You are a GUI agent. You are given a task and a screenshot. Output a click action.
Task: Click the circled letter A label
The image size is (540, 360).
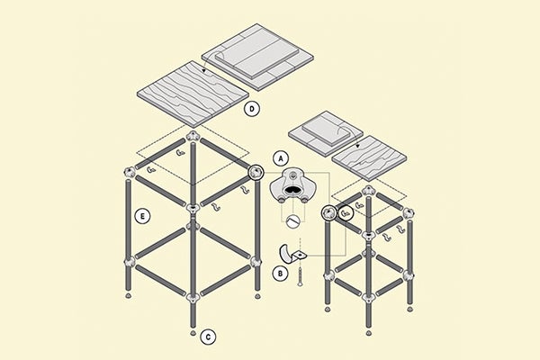coord(281,158)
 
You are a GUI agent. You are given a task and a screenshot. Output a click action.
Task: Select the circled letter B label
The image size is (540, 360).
coord(280,274)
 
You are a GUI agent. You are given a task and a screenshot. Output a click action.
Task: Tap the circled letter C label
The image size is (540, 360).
coord(208,337)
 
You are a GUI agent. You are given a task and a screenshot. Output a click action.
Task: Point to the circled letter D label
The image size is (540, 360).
coord(252,109)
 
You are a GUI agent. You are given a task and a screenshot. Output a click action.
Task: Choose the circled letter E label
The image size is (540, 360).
coord(142,216)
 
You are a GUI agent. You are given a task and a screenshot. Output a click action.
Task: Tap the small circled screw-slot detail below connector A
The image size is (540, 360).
coord(293,220)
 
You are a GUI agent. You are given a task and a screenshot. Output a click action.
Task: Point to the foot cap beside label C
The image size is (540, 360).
coord(193,333)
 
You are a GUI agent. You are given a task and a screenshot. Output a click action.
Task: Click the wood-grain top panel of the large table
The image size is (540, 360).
coord(193,94)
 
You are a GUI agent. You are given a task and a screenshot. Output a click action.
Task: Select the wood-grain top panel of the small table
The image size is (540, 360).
coord(369,158)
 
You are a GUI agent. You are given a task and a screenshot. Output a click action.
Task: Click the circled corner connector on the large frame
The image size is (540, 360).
coord(256,172)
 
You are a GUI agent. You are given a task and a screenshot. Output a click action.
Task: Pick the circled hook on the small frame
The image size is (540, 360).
coord(346,213)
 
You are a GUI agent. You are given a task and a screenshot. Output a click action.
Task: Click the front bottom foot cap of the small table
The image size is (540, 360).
coord(369,333)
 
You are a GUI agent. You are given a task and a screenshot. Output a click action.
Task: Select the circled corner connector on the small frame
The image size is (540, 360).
coord(328,213)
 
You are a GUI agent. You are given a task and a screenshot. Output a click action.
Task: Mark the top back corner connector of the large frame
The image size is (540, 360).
coord(193,136)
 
